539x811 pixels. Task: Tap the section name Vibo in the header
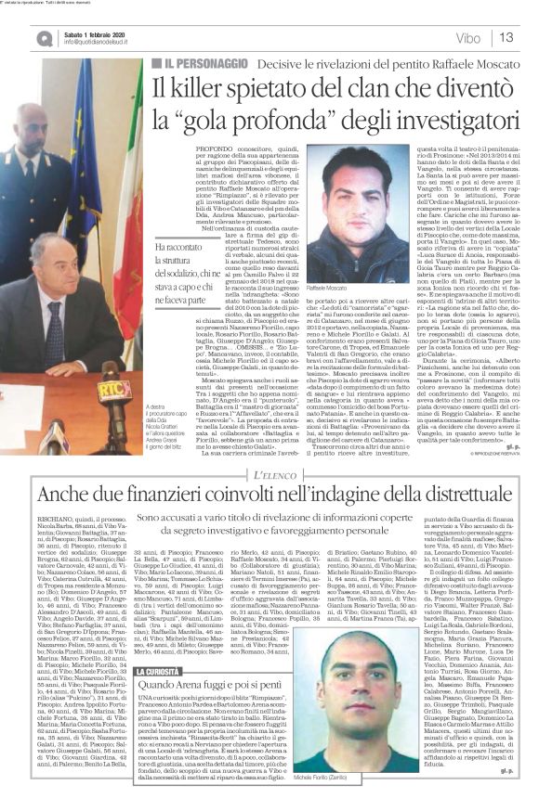click(x=468, y=37)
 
